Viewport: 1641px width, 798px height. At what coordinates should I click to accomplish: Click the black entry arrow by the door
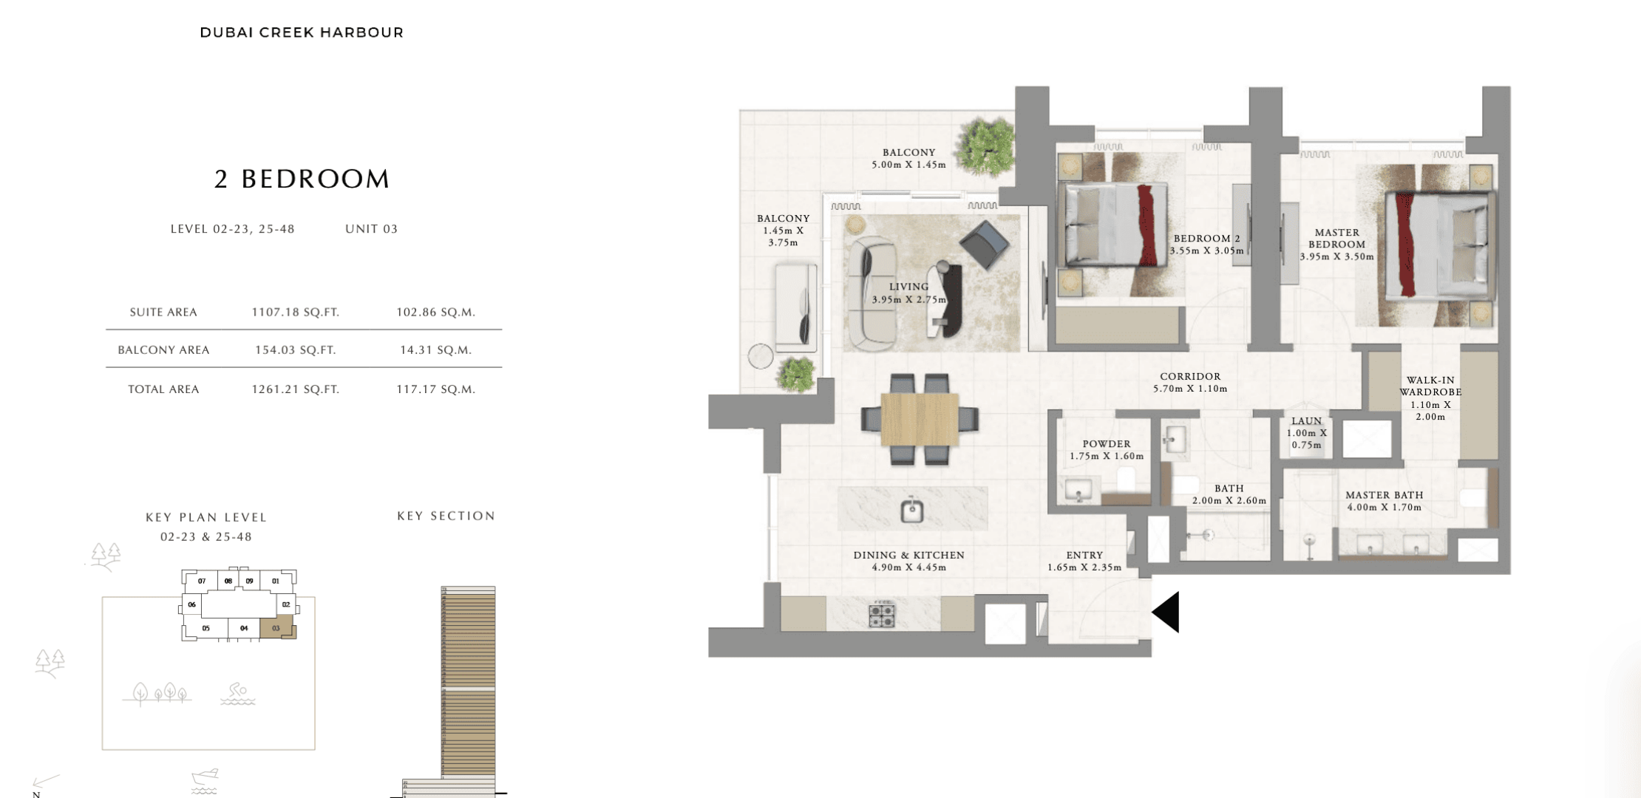point(1166,612)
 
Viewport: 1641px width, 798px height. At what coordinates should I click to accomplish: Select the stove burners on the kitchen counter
point(881,615)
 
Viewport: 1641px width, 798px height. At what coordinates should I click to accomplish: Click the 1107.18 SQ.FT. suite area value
point(295,312)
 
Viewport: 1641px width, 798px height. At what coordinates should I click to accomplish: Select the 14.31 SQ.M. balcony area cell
point(435,349)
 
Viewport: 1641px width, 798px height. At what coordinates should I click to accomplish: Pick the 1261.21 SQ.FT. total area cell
point(295,389)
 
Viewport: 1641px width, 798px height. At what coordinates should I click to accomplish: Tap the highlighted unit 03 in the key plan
point(277,628)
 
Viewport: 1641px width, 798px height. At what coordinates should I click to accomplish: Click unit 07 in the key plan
point(201,581)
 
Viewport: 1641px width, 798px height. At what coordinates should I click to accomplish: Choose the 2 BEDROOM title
point(302,179)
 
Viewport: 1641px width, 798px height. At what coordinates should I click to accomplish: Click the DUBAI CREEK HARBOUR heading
point(302,33)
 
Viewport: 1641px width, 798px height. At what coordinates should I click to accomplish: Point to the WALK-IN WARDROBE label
point(1430,386)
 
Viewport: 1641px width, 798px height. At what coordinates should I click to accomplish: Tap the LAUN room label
point(1306,421)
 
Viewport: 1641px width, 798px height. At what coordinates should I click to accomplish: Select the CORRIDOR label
point(1190,376)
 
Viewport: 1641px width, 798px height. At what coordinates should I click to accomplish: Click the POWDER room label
point(1107,444)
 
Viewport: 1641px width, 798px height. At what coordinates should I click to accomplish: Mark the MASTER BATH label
point(1384,495)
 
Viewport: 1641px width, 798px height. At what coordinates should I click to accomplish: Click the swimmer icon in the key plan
point(237,693)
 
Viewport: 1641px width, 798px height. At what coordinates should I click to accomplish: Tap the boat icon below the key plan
point(205,780)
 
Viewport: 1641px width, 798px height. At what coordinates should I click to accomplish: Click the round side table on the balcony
point(761,357)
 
